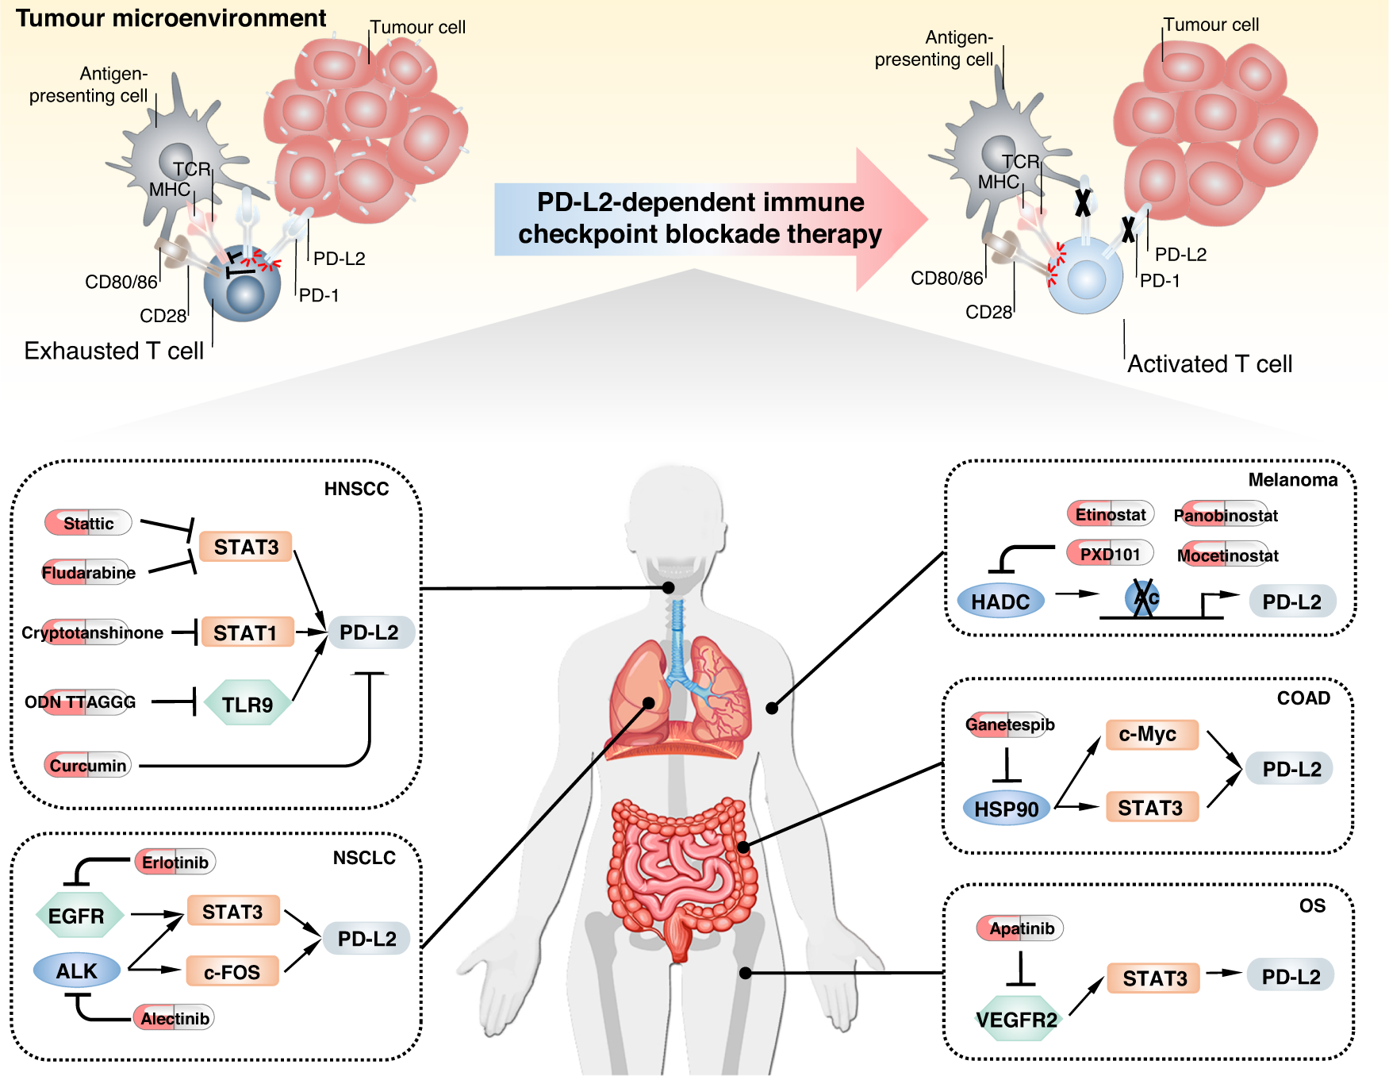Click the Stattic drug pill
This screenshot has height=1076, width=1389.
pos(88,523)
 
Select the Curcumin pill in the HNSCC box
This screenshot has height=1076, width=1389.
pos(87,765)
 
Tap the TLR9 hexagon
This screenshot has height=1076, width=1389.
pos(247,704)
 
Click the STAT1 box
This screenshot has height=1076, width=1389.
pos(247,632)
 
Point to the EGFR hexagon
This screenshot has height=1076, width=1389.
pos(78,916)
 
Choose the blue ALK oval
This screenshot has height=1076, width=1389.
pos(77,970)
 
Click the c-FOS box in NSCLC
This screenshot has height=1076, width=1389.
pos(232,971)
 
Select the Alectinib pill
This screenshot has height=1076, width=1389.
pos(174,1018)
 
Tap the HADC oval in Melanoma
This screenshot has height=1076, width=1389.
pos(1000,601)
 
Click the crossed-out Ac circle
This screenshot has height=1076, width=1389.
pos(1143,598)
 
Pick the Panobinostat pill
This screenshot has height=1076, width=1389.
pos(1225,515)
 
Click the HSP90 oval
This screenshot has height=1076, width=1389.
pos(1006,809)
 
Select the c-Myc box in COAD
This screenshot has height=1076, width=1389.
pos(1149,734)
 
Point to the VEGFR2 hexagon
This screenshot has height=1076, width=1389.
pos(1017,1019)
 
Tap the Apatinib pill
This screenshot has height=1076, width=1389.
pos(1020,928)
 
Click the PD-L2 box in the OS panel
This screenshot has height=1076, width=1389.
pos(1291,977)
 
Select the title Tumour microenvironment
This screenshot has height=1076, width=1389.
pos(171,17)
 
